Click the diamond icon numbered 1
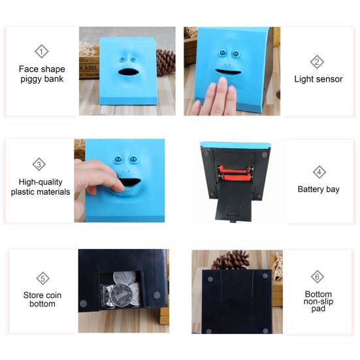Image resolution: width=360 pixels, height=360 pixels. pos(41,52)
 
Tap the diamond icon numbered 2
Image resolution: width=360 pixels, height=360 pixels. pos(318,63)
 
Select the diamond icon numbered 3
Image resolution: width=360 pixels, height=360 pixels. pos(40,165)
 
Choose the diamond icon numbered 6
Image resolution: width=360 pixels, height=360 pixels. pos(318,276)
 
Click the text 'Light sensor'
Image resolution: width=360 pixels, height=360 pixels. pos(318,79)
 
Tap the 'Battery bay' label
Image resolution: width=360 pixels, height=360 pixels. pos(318,189)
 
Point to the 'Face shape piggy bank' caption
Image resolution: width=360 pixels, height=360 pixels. pos(42,73)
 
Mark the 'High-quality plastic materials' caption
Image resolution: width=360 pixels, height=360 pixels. pos(41,187)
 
